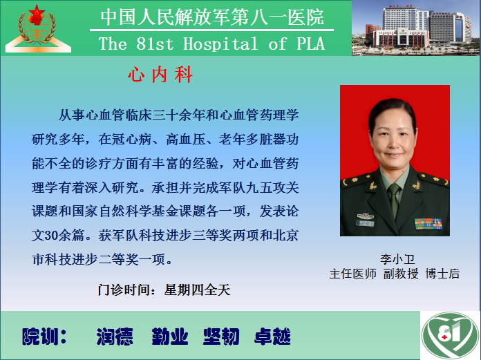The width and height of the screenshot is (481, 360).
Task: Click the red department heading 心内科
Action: coord(160,75)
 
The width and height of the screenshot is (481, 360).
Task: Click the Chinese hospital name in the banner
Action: coord(212,17)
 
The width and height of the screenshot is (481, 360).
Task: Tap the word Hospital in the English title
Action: coord(220,44)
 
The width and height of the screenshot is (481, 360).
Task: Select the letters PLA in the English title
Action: coord(310,44)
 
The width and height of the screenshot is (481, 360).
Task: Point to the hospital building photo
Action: coord(416,28)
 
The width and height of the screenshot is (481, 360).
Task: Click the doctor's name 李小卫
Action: coord(397,259)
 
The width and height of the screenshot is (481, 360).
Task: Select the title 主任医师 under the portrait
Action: coord(352,274)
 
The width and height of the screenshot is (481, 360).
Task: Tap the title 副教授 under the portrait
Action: coord(401,274)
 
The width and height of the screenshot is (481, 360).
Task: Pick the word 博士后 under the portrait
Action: coord(442,274)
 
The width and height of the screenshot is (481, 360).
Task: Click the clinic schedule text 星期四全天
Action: coord(197,290)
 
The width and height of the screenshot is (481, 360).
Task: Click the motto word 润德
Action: coord(115,337)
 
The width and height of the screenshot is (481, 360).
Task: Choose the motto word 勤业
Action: coord(169,337)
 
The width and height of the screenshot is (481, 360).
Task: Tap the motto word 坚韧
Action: coord(221,337)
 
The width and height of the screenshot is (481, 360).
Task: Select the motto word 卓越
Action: coord(272,337)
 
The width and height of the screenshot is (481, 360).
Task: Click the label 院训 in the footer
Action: coord(44,337)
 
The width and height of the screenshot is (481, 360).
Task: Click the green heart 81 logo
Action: coord(450,335)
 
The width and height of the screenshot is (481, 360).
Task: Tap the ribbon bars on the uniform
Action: coord(428,224)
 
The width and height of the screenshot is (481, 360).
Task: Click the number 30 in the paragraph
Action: coord(52,236)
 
